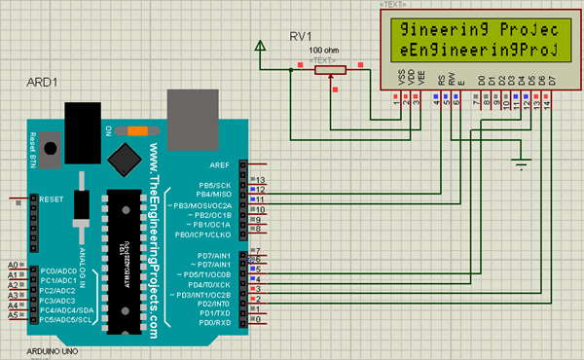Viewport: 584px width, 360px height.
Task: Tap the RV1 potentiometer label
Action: (301, 36)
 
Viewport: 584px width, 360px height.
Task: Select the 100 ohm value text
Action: (323, 50)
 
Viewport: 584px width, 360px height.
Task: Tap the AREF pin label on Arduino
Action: (219, 165)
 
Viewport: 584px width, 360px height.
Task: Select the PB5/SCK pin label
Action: (214, 184)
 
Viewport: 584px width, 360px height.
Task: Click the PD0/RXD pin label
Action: (214, 322)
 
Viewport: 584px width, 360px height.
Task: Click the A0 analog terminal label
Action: (13, 265)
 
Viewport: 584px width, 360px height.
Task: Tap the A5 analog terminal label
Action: (13, 316)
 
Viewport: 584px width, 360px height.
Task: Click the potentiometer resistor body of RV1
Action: (329, 69)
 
